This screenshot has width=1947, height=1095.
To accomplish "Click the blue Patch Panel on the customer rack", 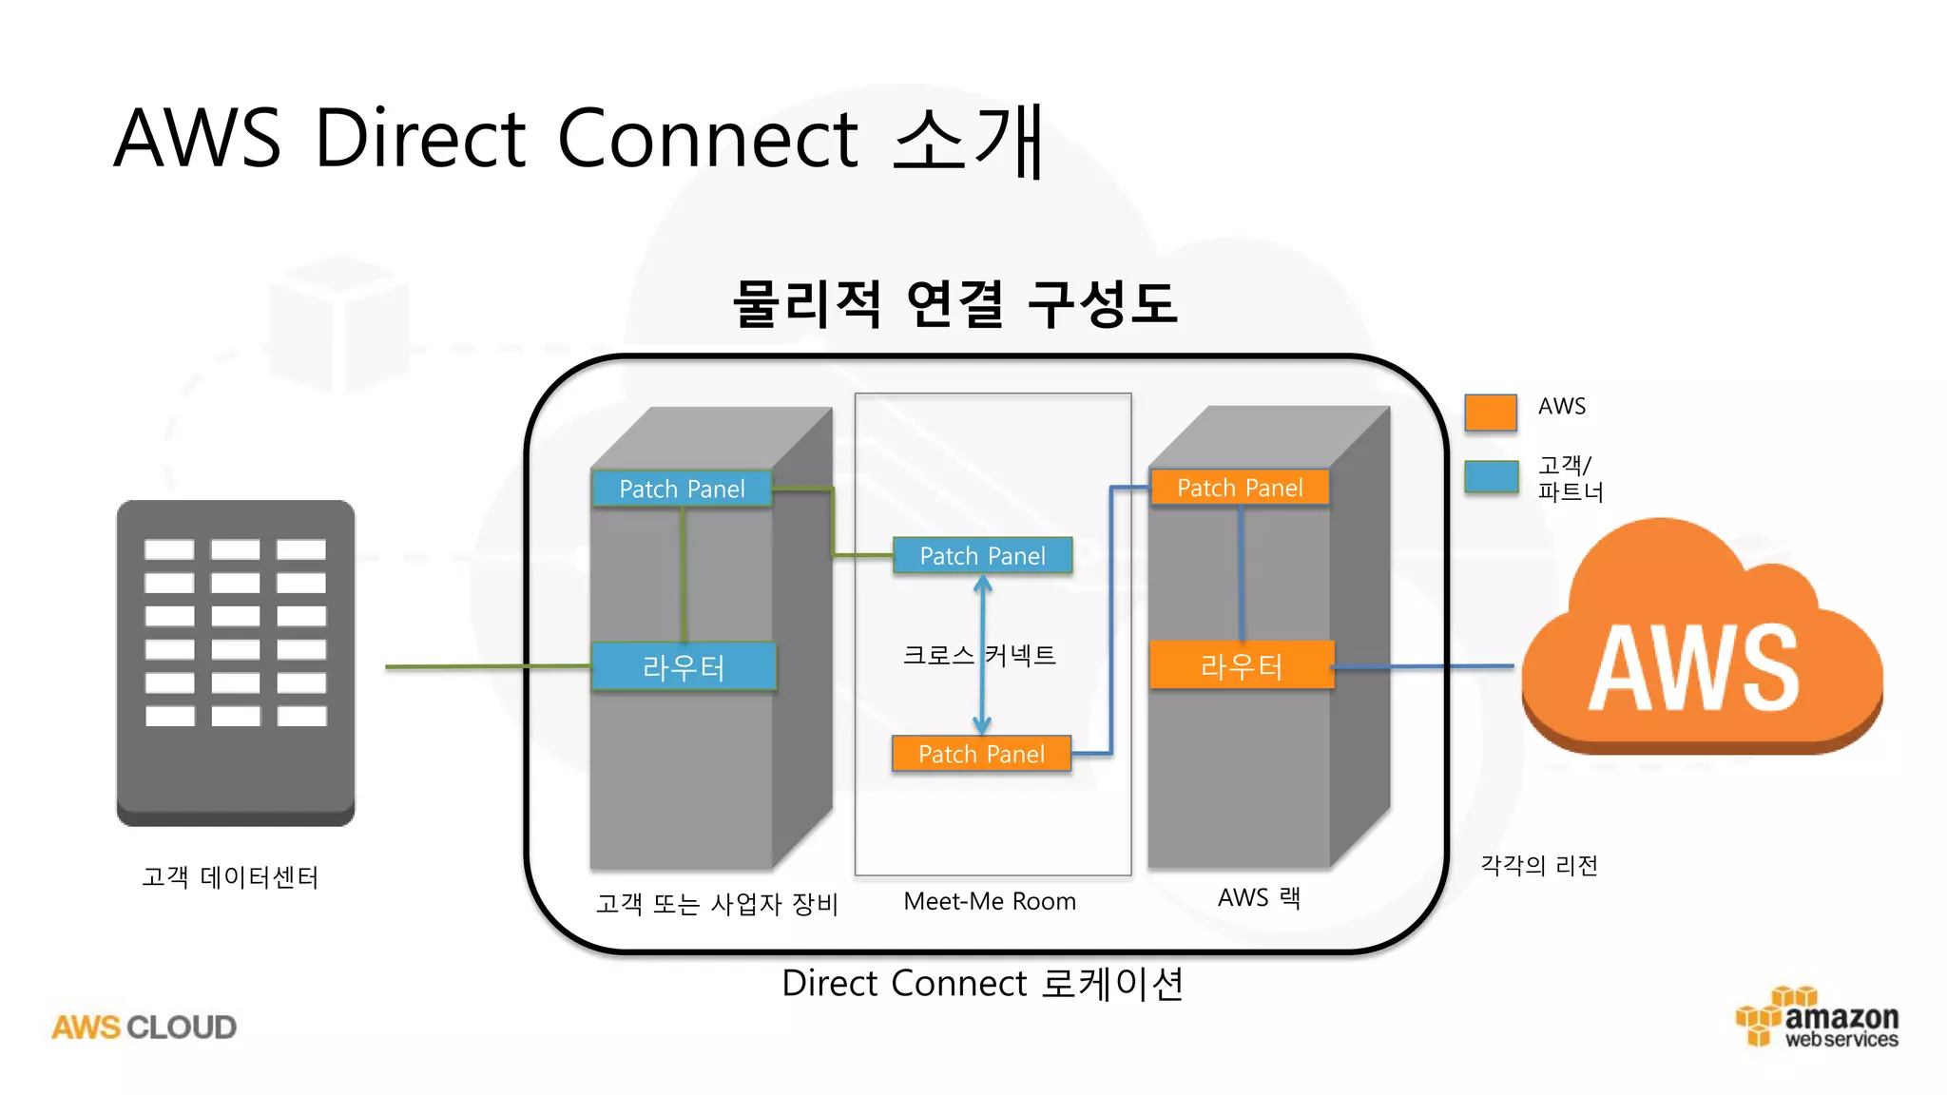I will point(682,489).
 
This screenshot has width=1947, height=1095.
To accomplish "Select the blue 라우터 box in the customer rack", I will point(684,666).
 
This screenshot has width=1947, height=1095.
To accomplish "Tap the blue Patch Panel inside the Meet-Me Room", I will point(982,556).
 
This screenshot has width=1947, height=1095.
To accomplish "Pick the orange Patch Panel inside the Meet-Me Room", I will point(981,754).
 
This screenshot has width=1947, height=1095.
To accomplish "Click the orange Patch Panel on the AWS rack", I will point(1240,488).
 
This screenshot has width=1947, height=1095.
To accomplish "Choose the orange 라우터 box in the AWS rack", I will point(1241,665).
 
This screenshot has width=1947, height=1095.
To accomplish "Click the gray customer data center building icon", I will point(236,663).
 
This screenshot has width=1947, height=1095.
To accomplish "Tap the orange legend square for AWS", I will point(1490,413).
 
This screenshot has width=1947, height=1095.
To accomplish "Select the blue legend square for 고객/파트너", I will point(1490,476).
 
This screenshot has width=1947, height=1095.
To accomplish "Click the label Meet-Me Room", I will point(990,901).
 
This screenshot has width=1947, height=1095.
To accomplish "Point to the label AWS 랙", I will point(1259,897).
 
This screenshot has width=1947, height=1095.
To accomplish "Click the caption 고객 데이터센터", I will point(230,876).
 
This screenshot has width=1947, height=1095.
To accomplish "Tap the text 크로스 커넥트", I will point(979,655).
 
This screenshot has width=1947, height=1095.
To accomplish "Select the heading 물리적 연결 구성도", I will point(954,304).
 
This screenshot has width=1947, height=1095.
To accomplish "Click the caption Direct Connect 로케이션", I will point(982,983).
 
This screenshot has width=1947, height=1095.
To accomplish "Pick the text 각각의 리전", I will point(1539,865).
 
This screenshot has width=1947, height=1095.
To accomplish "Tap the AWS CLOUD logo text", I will point(144,1027).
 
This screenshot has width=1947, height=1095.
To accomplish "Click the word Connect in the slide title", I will point(707,139).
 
